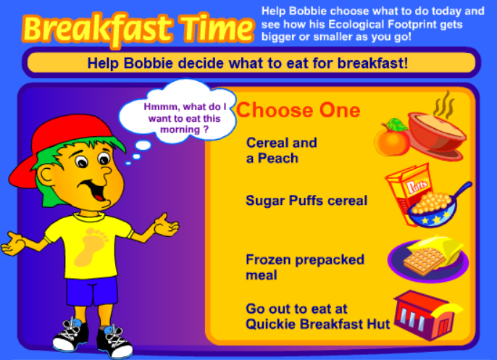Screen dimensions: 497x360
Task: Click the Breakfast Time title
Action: tap(138, 29)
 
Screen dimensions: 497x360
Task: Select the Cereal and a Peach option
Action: tap(281, 150)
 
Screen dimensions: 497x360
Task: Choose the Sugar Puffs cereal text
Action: tap(306, 201)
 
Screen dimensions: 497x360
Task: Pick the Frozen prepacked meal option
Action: tap(305, 267)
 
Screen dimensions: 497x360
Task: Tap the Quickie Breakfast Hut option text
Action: tap(317, 317)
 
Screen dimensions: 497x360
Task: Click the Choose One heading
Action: tap(298, 110)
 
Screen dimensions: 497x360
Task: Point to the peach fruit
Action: tap(392, 138)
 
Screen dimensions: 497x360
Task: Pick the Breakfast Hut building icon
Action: tap(426, 314)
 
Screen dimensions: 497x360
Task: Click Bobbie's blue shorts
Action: tap(91, 290)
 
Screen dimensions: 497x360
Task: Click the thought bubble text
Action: tap(185, 118)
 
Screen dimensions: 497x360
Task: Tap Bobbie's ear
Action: tap(46, 176)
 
